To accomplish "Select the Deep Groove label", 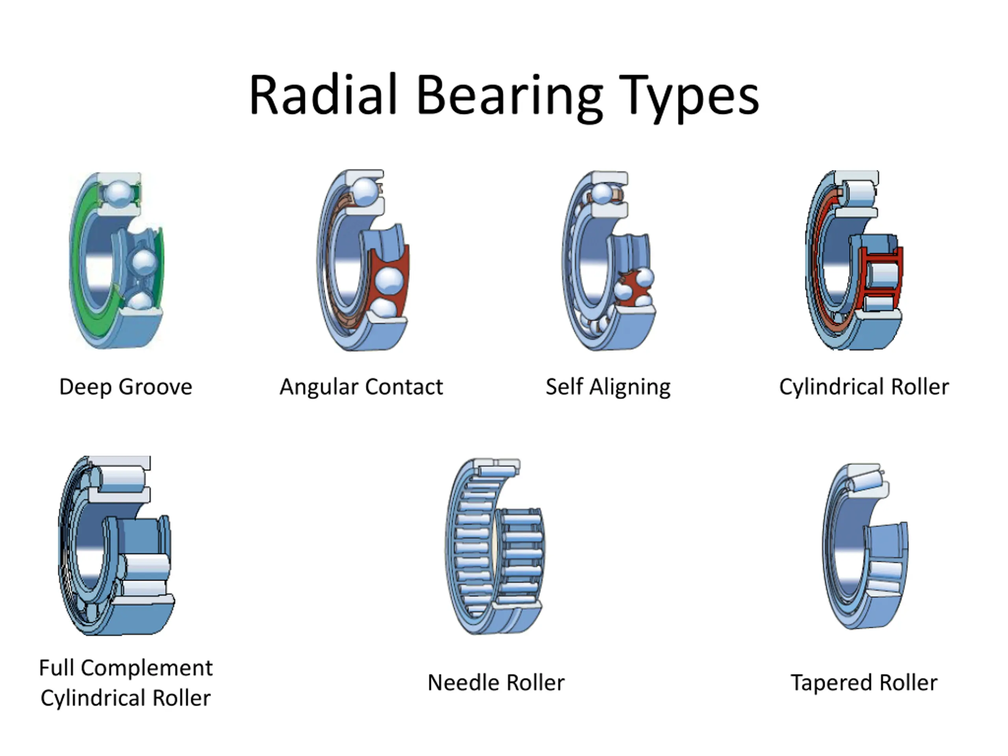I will coord(126,386).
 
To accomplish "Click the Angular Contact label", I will coord(361,386).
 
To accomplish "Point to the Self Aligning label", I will coord(608,386).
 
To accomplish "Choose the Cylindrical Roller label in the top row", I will coord(864,386).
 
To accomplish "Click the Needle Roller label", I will coord(496,683).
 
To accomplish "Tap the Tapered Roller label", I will coord(864,683).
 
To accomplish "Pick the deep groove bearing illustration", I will coord(117,260).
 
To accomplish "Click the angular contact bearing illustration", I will coord(363,260).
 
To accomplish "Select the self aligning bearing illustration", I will coord(608,260).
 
